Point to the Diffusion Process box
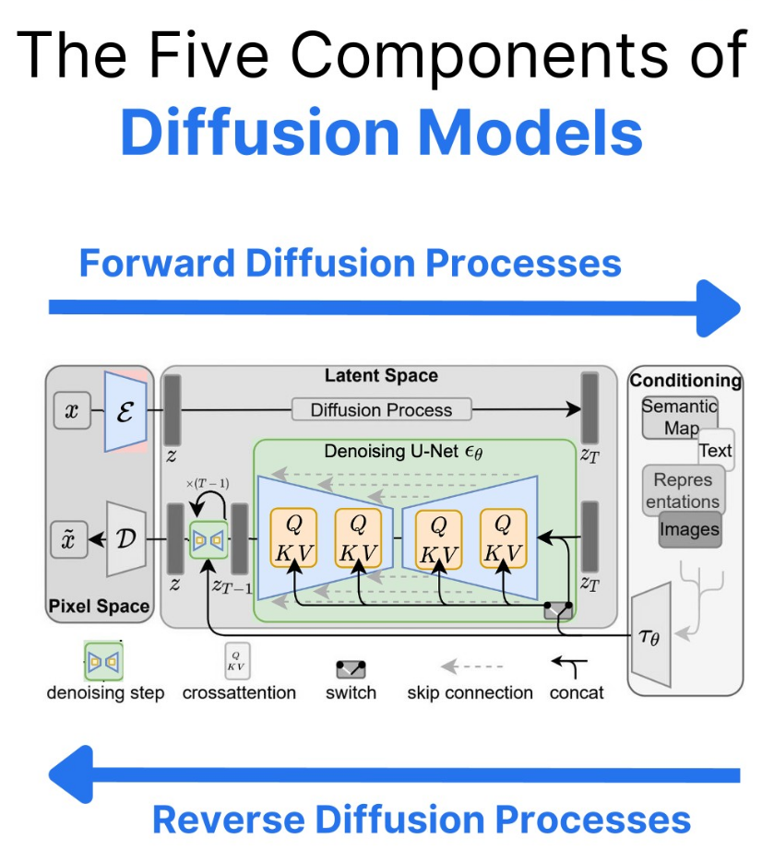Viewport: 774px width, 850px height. click(x=381, y=409)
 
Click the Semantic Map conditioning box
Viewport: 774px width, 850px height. click(x=680, y=417)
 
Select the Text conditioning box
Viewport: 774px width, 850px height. click(x=716, y=450)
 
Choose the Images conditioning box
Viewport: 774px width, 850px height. click(x=689, y=530)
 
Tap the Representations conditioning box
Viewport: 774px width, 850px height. click(x=684, y=490)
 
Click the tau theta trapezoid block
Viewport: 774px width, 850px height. click(x=651, y=634)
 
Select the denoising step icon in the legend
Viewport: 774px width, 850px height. click(x=104, y=662)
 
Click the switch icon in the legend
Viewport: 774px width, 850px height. click(x=351, y=667)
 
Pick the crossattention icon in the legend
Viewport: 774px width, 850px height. click(x=238, y=661)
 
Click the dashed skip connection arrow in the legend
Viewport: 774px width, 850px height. click(x=470, y=666)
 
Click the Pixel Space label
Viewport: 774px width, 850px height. click(x=99, y=606)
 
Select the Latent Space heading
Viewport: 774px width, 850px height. click(x=381, y=376)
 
